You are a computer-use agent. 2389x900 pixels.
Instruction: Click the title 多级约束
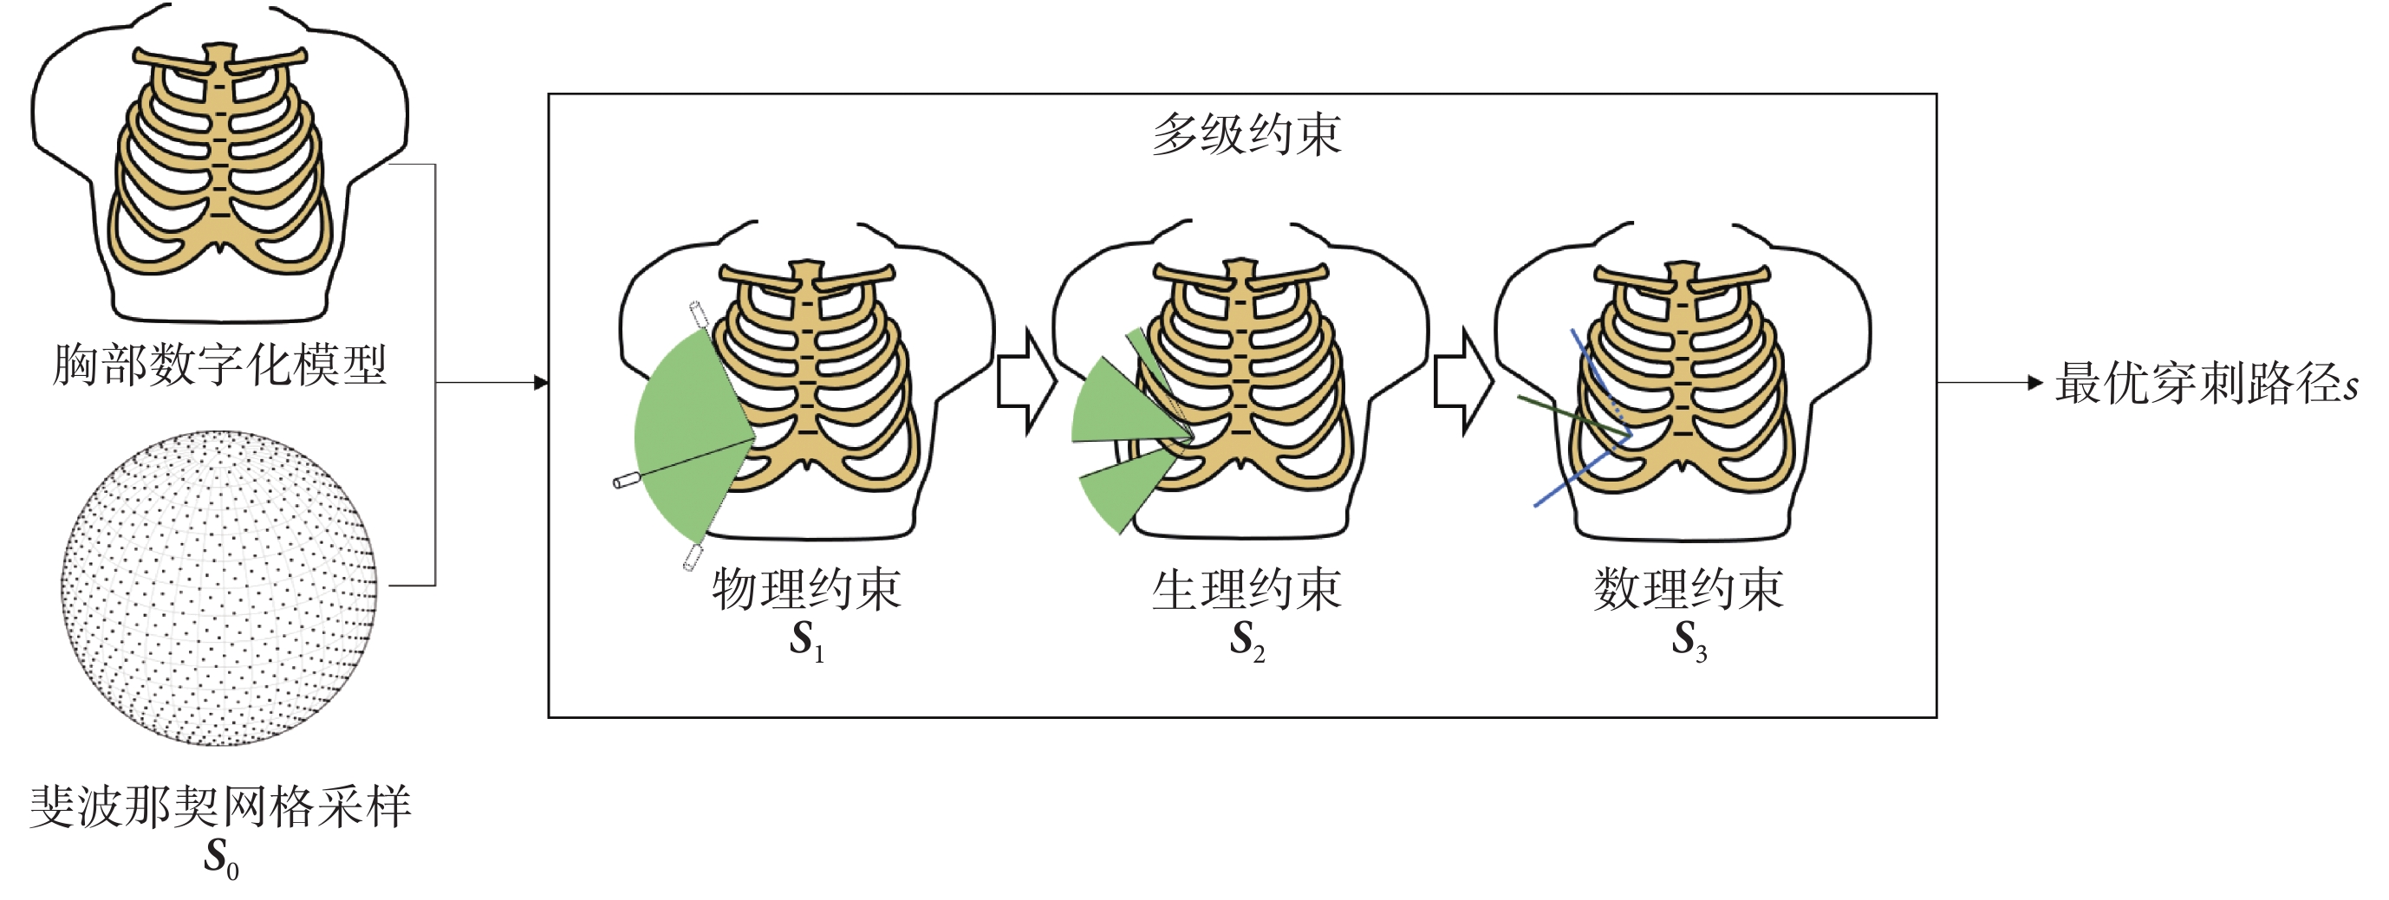1246,136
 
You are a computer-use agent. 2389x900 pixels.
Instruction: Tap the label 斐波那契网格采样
220,806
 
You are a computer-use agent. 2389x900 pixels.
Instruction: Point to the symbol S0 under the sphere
221,858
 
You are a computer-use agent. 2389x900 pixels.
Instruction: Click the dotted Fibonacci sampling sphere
220,587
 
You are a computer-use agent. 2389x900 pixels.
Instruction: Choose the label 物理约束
806,590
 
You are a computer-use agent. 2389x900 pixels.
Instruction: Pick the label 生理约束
1247,590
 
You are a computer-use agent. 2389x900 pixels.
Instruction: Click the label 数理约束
1688,590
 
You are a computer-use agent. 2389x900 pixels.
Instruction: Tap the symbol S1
806,639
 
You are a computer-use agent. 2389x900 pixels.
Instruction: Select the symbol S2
1247,639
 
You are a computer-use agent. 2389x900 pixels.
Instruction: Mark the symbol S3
1688,639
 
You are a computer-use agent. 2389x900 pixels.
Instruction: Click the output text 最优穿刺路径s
2205,383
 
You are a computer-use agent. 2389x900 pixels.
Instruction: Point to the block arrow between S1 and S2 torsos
1025,381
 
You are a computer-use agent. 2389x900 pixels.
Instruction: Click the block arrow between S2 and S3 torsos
1463,381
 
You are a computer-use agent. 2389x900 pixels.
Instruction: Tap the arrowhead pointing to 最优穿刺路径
2035,382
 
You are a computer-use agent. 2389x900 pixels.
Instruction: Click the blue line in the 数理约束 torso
1567,482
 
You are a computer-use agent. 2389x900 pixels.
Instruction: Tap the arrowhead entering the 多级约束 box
542,382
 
